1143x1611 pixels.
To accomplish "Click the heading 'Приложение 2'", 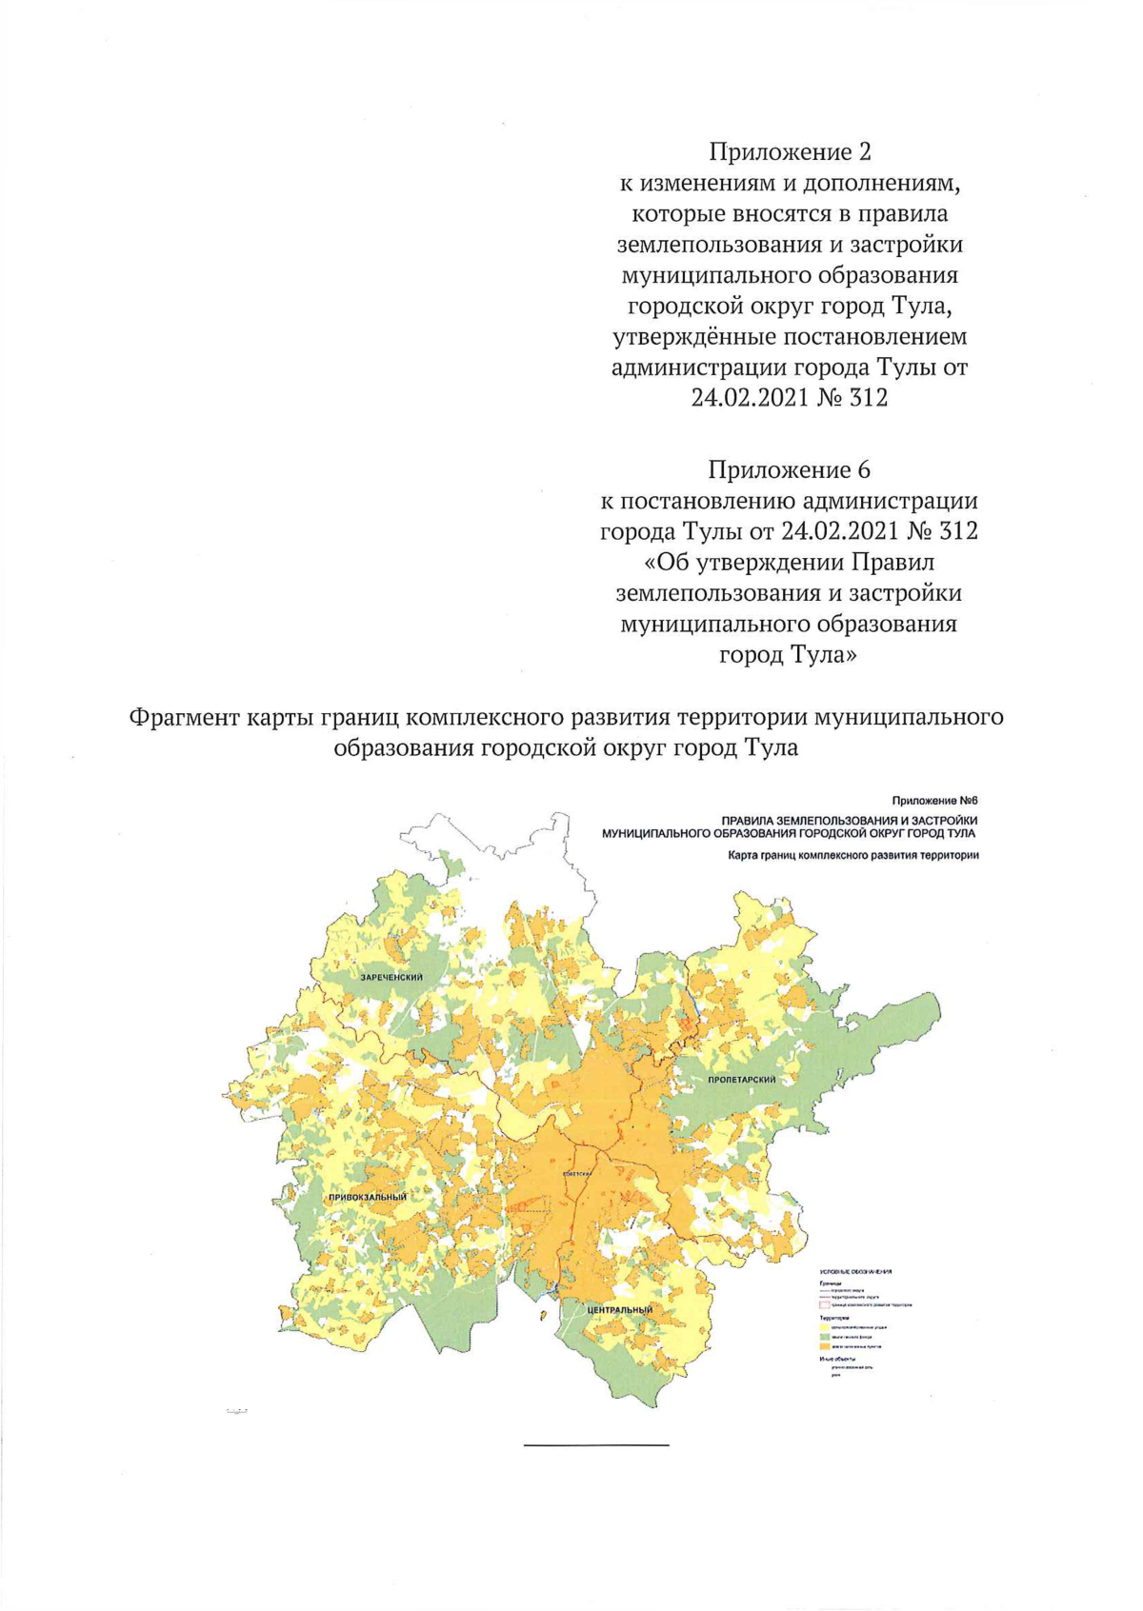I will tap(790, 151).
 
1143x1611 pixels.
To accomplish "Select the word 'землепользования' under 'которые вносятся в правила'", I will tap(714, 245).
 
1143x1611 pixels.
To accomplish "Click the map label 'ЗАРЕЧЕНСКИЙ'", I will tap(391, 977).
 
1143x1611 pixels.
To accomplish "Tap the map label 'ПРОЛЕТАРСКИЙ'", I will tap(742, 1079).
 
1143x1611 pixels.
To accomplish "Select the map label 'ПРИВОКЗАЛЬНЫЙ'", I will tap(368, 1197).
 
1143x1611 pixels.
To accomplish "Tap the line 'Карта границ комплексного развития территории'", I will tap(853, 855).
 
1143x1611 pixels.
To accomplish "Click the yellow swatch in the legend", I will tap(825, 1327).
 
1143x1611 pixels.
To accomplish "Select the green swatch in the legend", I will tap(825, 1337).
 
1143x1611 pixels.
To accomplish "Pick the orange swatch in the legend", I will tap(825, 1346).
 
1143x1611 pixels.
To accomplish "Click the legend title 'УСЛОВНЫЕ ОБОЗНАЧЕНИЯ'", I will tap(855, 1272).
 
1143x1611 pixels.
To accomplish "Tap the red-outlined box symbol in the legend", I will tap(825, 1305).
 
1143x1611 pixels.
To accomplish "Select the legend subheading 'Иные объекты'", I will tap(837, 1359).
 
